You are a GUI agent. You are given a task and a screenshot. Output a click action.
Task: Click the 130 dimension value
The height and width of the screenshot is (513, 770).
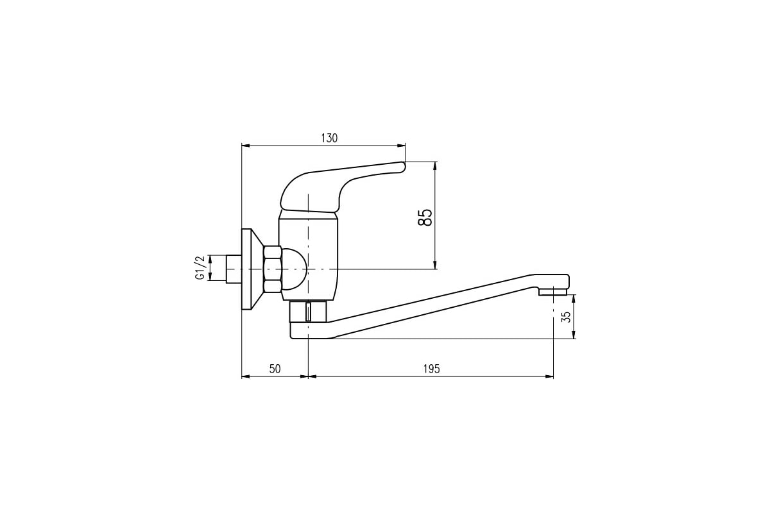click(329, 138)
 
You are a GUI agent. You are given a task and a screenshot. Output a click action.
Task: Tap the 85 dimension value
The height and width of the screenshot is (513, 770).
click(425, 217)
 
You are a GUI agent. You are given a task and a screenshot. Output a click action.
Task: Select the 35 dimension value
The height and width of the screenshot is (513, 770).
click(565, 317)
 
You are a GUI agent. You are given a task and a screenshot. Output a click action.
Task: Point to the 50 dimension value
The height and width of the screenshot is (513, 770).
click(275, 369)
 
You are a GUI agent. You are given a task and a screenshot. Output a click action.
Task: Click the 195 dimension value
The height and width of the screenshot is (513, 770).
click(431, 369)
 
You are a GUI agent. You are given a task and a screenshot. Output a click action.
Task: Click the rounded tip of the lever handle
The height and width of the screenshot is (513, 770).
click(403, 167)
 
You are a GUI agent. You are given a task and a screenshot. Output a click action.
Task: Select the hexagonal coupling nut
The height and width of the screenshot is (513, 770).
click(273, 269)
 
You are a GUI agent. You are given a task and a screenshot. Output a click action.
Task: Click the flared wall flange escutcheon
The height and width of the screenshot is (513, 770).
click(252, 269)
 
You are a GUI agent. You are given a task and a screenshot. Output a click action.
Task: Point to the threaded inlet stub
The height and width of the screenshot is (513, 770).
click(234, 269)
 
